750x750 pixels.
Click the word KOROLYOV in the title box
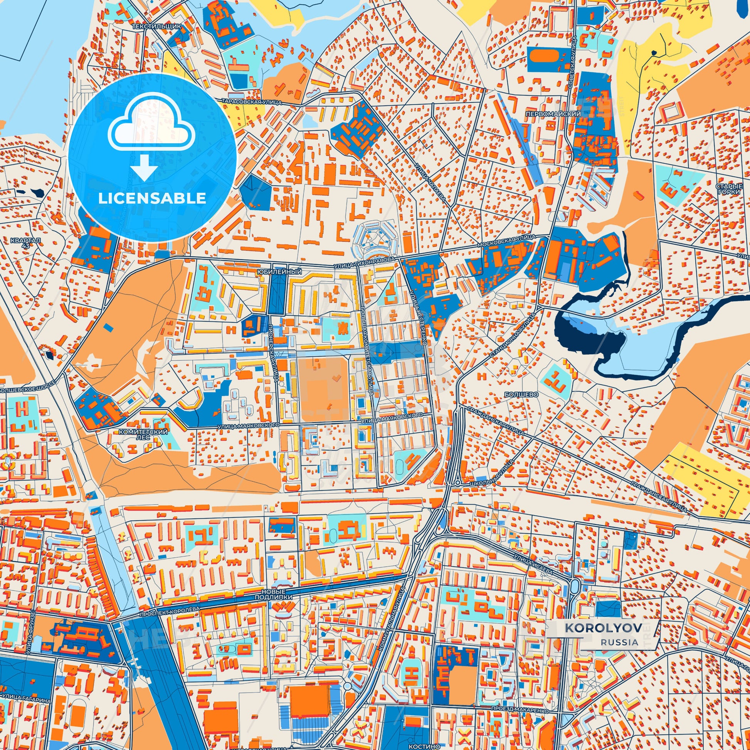coord(602,638)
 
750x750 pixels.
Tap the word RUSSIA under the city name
coord(619,653)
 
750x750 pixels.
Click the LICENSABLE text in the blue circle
coord(152,198)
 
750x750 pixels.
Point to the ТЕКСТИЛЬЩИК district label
coord(157,26)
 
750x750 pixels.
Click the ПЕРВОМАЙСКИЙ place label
coord(553,114)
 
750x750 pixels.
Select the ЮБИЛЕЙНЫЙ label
coord(279,272)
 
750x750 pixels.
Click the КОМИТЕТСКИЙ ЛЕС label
coord(143,434)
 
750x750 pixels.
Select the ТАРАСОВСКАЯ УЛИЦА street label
coord(252,102)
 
